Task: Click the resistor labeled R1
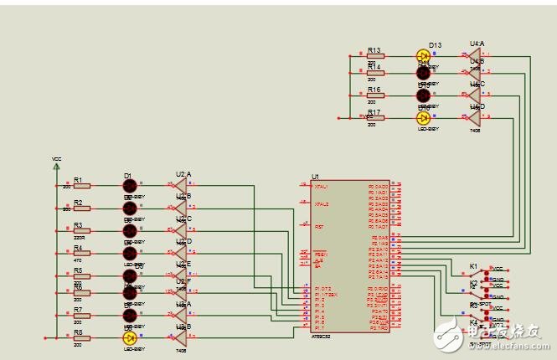80,186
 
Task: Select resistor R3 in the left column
80,231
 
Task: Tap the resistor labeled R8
80,337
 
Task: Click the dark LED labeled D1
130,186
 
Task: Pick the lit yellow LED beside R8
130,337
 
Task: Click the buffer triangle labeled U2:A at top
180,186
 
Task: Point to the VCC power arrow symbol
57,165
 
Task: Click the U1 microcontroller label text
315,177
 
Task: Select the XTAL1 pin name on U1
321,187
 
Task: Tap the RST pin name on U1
319,226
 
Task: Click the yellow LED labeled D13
424,56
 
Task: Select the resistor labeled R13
374,56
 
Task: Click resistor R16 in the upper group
374,95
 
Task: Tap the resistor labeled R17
374,118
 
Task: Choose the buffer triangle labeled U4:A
474,56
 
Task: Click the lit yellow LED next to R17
424,118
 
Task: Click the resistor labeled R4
80,254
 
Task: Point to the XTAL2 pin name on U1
321,204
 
